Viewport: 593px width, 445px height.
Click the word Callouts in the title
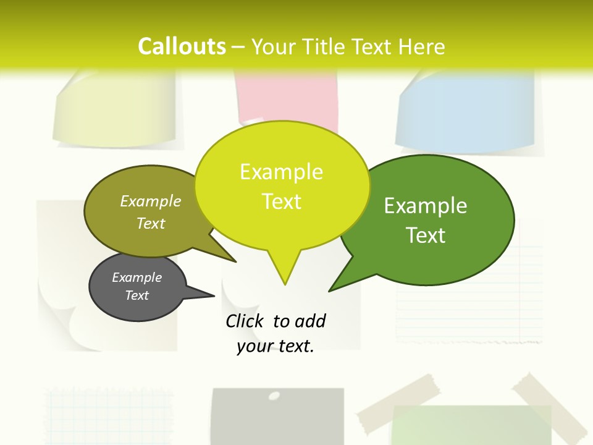pos(182,46)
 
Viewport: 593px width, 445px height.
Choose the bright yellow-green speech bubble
pos(282,185)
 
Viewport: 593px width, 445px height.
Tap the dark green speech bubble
pos(432,219)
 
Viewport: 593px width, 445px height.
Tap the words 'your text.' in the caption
pos(275,346)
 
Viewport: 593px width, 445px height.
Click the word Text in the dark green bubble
pos(426,235)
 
